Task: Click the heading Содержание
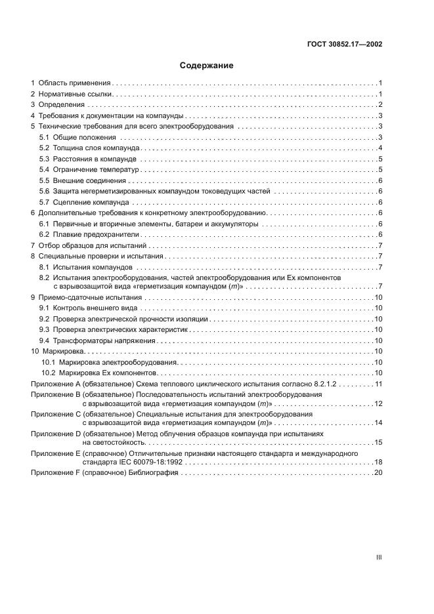pyautogui.click(x=207, y=66)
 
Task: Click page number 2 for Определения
pyautogui.click(x=380, y=105)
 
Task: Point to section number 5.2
pyautogui.click(x=45, y=148)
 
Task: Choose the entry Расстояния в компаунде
pyautogui.click(x=96, y=159)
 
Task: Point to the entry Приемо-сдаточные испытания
pyautogui.click(x=85, y=298)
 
